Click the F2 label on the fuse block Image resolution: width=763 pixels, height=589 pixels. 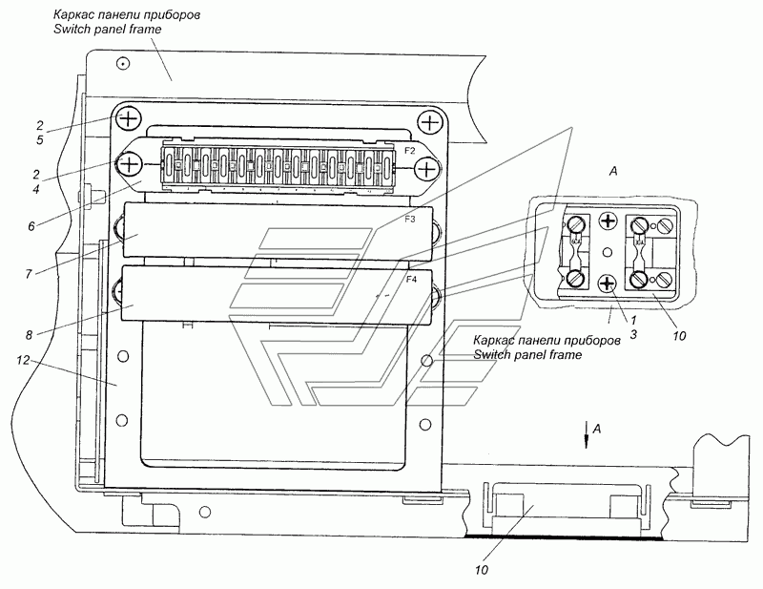coord(410,151)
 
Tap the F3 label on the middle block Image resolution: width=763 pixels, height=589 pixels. coord(410,220)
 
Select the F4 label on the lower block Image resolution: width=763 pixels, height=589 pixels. coord(412,280)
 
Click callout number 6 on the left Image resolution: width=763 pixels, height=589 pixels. coord(31,226)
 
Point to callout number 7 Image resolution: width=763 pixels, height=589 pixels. coord(29,274)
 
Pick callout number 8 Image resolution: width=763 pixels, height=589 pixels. coord(30,335)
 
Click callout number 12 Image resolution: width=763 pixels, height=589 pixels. coord(23,360)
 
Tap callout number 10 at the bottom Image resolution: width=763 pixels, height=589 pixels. coord(482,570)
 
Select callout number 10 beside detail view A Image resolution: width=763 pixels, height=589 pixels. coord(679,335)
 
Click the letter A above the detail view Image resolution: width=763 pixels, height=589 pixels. coord(613,171)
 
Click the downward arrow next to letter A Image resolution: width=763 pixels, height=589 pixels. coord(587,434)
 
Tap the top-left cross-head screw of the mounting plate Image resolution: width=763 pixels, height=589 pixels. coord(128,118)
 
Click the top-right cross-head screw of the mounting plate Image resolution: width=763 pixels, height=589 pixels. coord(430,122)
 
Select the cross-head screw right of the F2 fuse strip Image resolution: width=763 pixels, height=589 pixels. coord(426,170)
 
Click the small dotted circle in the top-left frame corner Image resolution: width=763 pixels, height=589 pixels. coord(124,63)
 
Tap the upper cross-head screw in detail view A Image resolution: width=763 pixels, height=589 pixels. coord(608,222)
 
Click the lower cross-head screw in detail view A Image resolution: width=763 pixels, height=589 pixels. coord(607,284)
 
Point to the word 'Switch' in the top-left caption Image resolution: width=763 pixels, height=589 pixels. coord(72,30)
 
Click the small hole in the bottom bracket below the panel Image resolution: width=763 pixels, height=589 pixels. coord(205,512)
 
